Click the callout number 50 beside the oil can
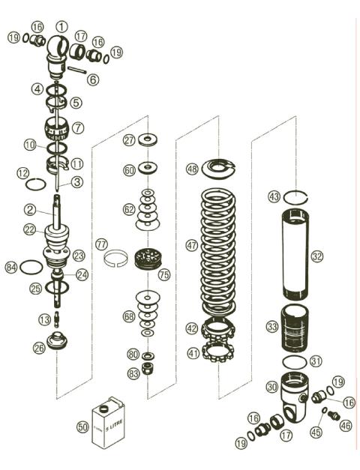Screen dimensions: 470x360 tap(82, 427)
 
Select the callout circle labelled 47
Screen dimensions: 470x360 tap(192, 244)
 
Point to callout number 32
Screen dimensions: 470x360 tap(317, 256)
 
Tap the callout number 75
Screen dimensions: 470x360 tap(164, 275)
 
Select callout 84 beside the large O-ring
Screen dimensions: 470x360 tap(11, 266)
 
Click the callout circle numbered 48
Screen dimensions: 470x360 tap(192, 169)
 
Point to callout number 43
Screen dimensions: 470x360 tap(274, 196)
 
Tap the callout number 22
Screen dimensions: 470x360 tap(29, 229)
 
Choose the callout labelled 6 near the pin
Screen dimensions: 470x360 tap(93, 79)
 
